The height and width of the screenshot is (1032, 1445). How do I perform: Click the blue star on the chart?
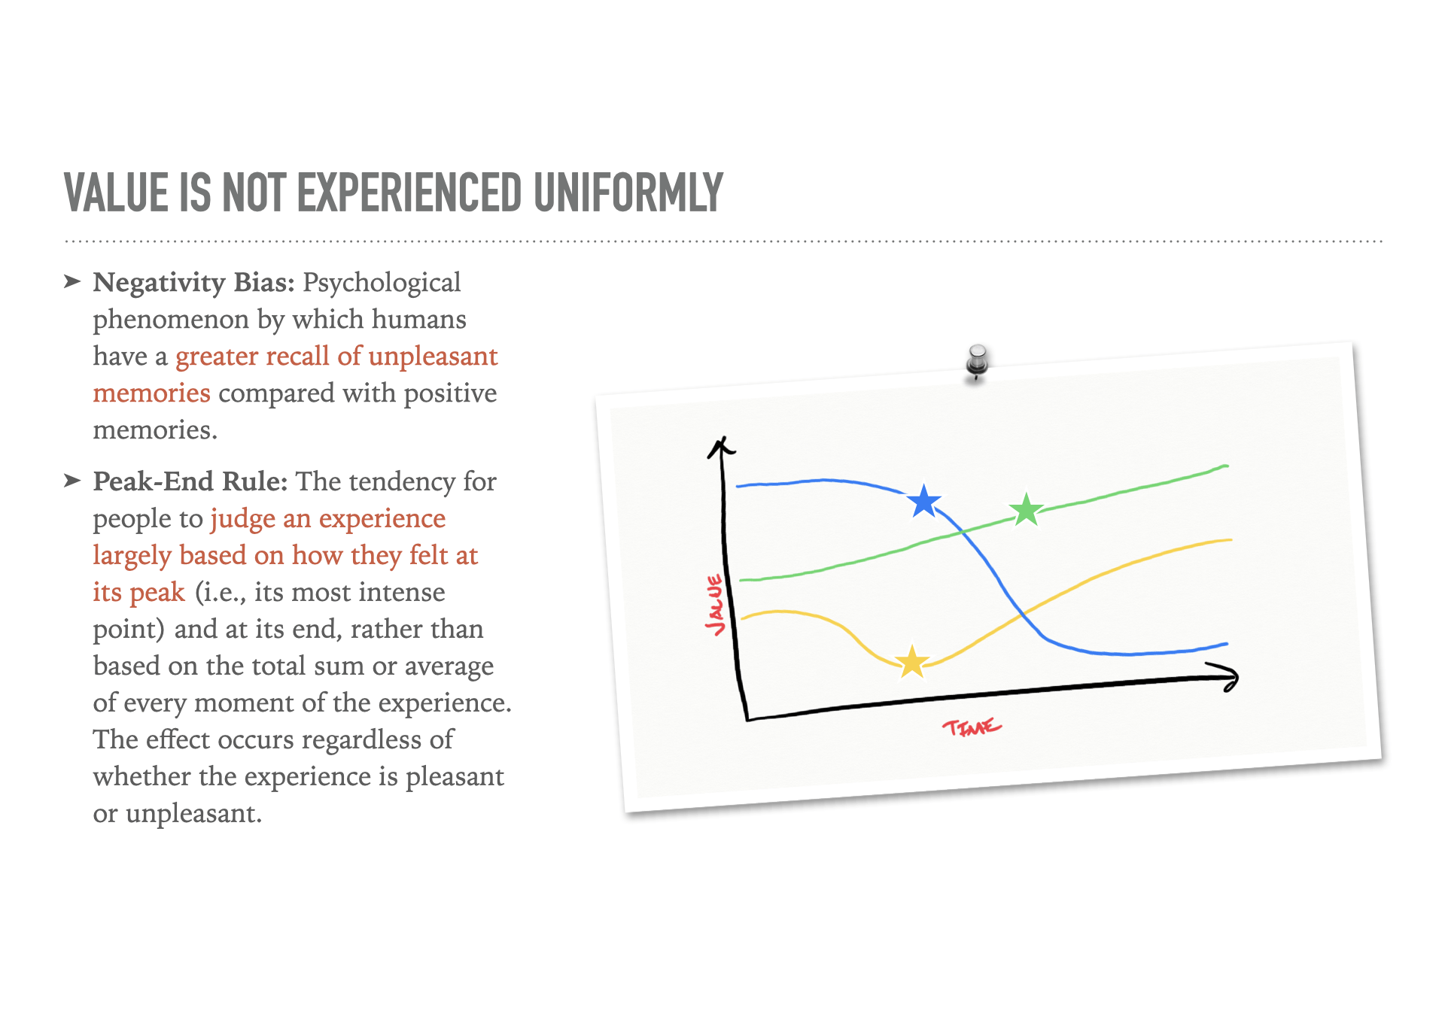click(924, 502)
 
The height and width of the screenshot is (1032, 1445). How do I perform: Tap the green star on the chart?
click(1026, 510)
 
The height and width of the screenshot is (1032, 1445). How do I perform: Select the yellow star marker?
click(912, 662)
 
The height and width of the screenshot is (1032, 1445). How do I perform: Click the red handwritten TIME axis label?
click(972, 727)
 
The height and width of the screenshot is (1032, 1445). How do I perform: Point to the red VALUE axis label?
click(715, 605)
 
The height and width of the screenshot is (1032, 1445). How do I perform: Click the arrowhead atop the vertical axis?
click(721, 447)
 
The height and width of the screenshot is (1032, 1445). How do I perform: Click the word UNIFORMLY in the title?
click(628, 193)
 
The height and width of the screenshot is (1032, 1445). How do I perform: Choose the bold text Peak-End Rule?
click(190, 481)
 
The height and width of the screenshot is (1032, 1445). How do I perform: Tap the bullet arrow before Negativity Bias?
click(72, 282)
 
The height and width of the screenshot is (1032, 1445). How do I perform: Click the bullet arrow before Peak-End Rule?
click(72, 481)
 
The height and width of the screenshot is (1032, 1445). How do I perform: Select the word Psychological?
click(382, 284)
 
